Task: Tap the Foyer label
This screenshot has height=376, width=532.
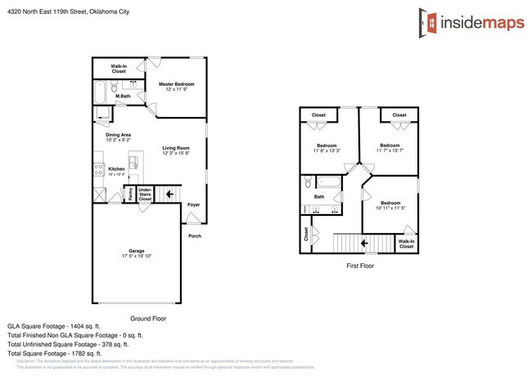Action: (193, 204)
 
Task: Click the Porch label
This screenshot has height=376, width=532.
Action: (195, 236)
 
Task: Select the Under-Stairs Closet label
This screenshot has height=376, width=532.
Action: (145, 195)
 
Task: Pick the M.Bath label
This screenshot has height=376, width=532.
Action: (124, 97)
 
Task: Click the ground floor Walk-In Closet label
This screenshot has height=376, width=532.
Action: (119, 69)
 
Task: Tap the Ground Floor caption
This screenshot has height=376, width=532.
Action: (148, 318)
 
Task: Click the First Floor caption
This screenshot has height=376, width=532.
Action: (360, 266)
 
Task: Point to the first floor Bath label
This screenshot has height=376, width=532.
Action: (319, 196)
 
